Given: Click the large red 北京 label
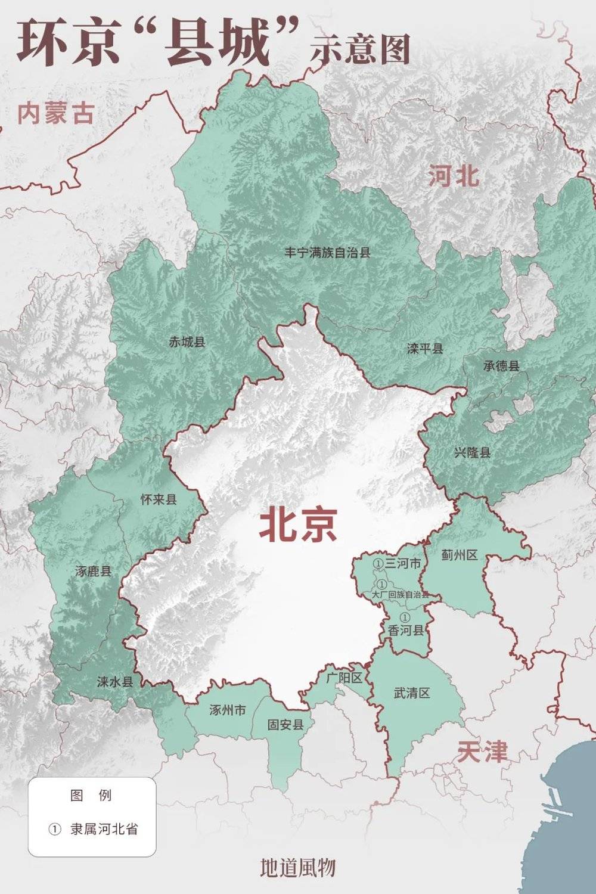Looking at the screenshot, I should click(x=298, y=524).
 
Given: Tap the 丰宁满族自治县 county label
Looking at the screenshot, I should click(x=327, y=253).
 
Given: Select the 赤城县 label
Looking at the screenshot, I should click(x=187, y=342).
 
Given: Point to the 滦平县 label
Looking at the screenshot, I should click(x=425, y=349).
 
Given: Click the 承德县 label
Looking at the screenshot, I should click(x=501, y=365).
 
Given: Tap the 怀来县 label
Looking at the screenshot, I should click(x=159, y=500).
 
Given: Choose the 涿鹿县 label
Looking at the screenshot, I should click(x=94, y=572).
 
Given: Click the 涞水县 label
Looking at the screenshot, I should click(x=114, y=682).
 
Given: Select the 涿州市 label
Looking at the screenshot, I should click(x=228, y=710).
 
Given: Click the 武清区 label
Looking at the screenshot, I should click(x=412, y=693).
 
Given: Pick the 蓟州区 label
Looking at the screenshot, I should click(x=460, y=555).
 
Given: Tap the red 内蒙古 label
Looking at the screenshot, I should click(x=55, y=113).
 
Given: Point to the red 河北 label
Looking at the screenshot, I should click(x=454, y=176).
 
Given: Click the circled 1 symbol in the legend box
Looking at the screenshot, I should click(x=55, y=829).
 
